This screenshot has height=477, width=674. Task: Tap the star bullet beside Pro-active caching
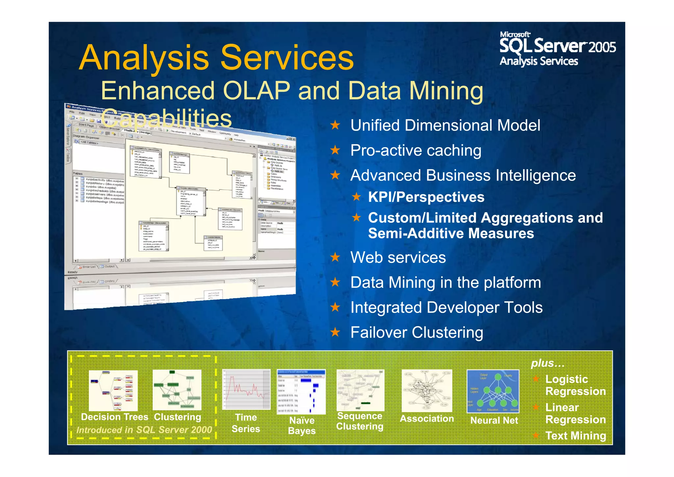coord(335,151)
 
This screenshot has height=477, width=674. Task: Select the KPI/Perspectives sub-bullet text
coord(426,197)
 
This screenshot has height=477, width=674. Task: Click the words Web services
coord(398,257)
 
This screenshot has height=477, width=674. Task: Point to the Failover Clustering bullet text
coord(417,332)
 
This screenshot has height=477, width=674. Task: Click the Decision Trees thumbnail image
coord(113,390)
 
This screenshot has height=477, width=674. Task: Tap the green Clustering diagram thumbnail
coord(177,390)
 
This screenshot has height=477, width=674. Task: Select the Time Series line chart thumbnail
coord(246,389)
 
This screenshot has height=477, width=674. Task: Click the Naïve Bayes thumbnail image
coord(301,391)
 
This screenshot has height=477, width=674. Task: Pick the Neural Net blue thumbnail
coord(493,391)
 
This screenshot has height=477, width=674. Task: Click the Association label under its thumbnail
coord(427,419)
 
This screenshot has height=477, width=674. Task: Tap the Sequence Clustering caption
coord(360,421)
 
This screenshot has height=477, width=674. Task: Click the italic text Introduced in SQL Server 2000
coord(144,430)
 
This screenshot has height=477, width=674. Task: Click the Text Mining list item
coord(576,435)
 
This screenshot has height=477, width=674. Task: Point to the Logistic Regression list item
coord(575,385)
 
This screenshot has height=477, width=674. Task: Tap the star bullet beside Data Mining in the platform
coord(335,282)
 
